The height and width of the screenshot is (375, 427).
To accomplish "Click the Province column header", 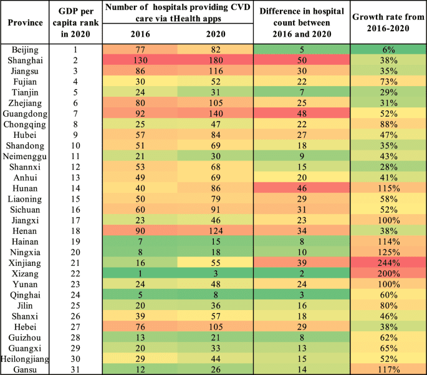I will coord(25,22).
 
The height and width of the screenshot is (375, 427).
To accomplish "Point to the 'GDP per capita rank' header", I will coord(79,22).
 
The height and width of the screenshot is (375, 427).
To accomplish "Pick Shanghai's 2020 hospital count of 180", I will coord(216,60).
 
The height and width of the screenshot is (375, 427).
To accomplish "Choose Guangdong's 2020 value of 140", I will coord(216,114).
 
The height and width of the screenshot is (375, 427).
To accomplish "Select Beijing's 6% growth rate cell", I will coord(388,49).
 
